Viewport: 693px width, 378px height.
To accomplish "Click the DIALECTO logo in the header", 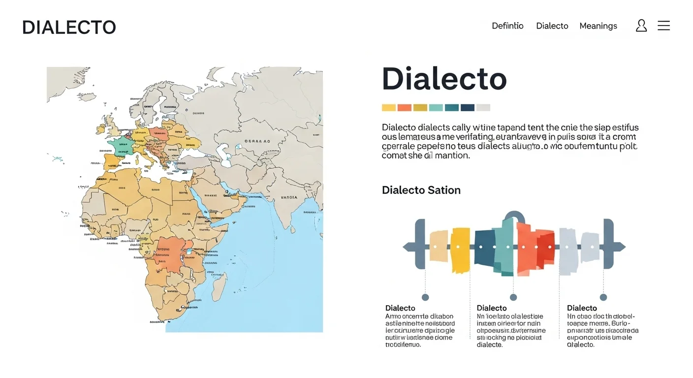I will (69, 27).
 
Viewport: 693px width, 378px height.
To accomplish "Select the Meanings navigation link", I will (598, 26).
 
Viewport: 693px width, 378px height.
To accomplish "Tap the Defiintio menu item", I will (507, 26).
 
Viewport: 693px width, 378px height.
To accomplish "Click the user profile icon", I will (641, 26).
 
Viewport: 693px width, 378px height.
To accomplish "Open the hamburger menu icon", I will (663, 26).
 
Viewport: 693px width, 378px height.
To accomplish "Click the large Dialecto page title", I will (444, 79).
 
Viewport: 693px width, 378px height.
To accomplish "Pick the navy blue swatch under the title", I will (467, 108).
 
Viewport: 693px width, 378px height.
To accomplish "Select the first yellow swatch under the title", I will (389, 108).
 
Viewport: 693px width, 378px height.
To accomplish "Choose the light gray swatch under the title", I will (483, 108).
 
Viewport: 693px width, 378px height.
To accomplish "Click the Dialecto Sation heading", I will (421, 190).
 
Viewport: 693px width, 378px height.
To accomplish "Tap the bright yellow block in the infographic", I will (460, 250).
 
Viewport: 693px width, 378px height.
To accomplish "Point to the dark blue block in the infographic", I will (484, 248).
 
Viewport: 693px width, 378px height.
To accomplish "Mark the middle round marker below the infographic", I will (513, 297).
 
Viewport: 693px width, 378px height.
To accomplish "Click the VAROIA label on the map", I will (289, 197).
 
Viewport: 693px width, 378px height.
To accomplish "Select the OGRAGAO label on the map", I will (257, 141).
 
